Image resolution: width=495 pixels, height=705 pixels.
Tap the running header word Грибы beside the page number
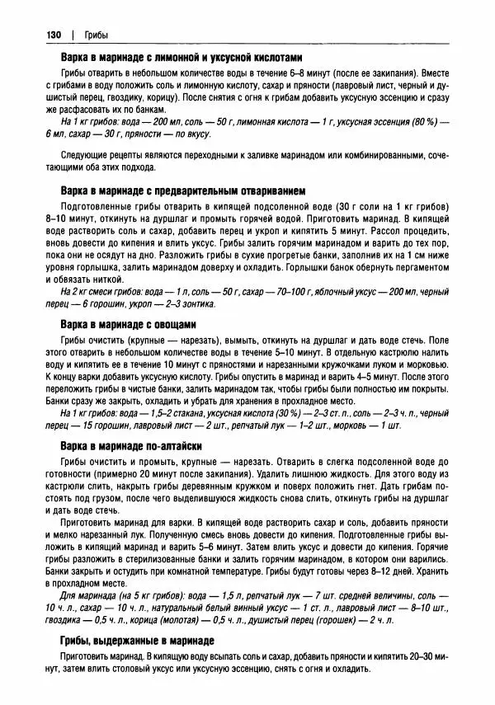(x=95, y=34)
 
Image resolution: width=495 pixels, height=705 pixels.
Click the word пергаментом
(x=417, y=278)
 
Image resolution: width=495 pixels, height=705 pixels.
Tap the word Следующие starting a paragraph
(x=84, y=155)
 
